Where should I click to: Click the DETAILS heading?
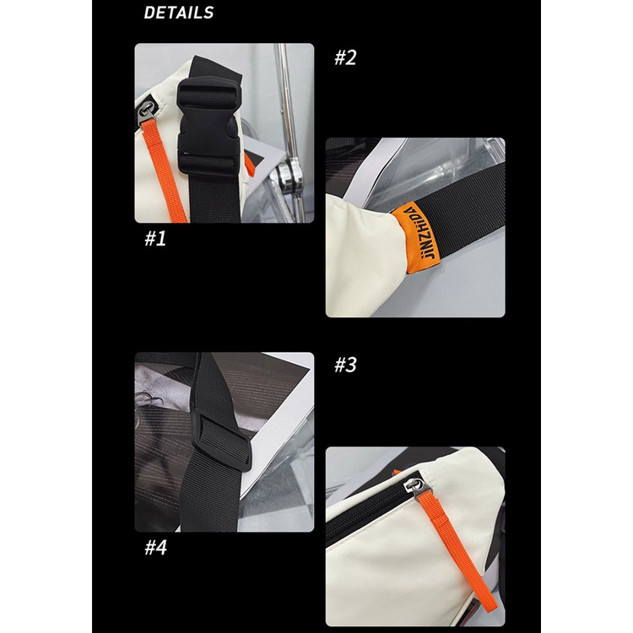click(x=178, y=13)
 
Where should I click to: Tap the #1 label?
click(x=155, y=239)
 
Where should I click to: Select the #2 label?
click(x=345, y=57)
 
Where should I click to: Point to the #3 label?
click(x=345, y=365)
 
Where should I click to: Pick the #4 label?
click(x=156, y=548)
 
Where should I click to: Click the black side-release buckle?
click(x=208, y=126)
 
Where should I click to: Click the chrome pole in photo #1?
click(x=289, y=133)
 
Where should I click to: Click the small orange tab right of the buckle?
click(x=249, y=164)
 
